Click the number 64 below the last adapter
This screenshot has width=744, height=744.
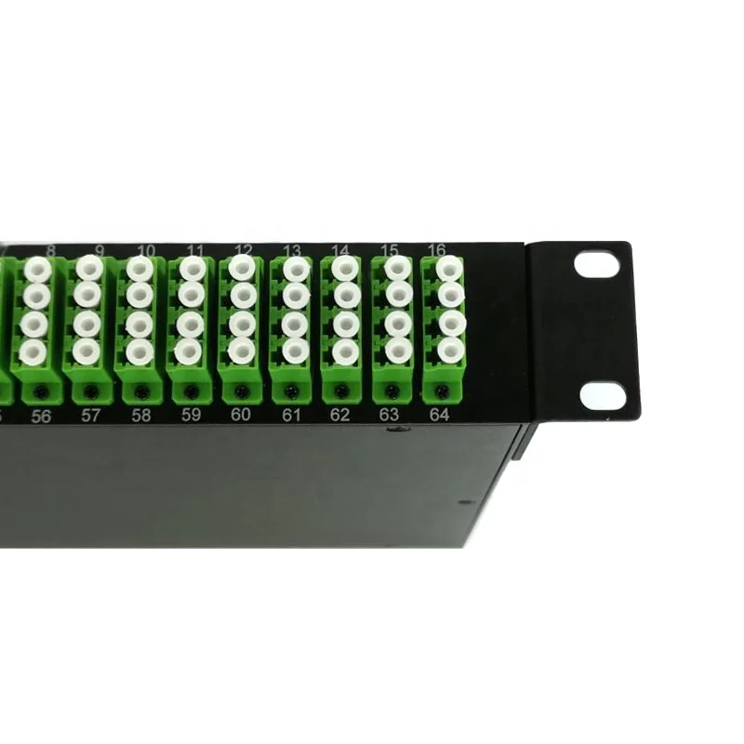pos(440,415)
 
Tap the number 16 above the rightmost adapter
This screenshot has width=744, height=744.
pos(436,249)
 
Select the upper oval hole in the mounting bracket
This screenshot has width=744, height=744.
pos(596,264)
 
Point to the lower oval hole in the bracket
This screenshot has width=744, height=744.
pos(602,395)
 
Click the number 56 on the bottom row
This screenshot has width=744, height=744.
pos(41,417)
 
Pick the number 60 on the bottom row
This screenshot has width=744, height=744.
pos(241,415)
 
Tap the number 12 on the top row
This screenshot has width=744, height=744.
pos(244,249)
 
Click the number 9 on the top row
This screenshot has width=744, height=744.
pos(99,250)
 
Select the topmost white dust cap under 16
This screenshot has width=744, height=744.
pos(450,269)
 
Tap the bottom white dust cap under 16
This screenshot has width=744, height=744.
pos(450,350)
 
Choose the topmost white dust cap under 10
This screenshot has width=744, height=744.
pos(140,269)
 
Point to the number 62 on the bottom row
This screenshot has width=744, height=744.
pos(340,415)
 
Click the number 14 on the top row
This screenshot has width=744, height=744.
pos(339,249)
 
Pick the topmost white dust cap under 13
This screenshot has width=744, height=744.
pos(295,269)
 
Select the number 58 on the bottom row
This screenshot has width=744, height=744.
pos(140,416)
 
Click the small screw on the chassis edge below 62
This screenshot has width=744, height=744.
pos(399,431)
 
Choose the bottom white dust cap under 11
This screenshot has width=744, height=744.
pos(188,350)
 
